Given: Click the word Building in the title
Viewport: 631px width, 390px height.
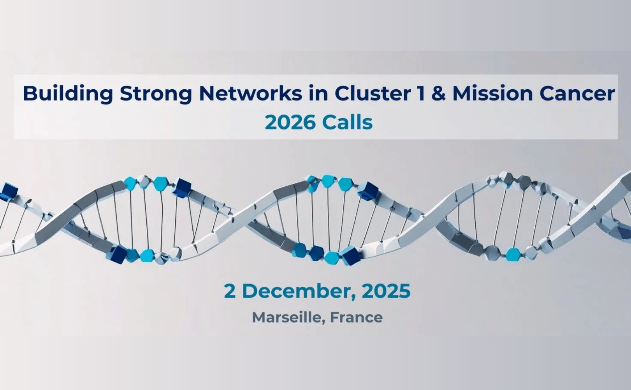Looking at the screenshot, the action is pyautogui.click(x=68, y=94).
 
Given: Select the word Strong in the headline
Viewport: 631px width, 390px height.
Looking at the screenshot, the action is pyautogui.click(x=156, y=94).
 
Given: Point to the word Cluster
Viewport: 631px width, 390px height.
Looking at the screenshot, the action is pyautogui.click(x=372, y=94).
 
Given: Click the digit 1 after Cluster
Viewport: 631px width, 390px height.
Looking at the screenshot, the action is pyautogui.click(x=420, y=94).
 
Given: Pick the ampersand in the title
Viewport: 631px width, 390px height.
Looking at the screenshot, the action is pyautogui.click(x=438, y=94).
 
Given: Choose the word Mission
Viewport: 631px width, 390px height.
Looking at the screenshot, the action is pyautogui.click(x=492, y=94).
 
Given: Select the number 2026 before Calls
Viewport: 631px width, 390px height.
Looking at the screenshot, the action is pyautogui.click(x=290, y=123).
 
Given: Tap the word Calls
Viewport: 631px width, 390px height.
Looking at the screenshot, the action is pyautogui.click(x=348, y=122).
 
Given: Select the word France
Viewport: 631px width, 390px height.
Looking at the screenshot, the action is pyautogui.click(x=356, y=317).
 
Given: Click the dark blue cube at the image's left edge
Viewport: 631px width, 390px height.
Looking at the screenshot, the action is pyautogui.click(x=9, y=191).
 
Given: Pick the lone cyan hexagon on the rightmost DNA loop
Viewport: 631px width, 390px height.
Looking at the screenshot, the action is pyautogui.click(x=512, y=254).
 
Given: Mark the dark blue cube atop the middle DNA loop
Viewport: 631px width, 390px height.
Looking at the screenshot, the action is pyautogui.click(x=368, y=191).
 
